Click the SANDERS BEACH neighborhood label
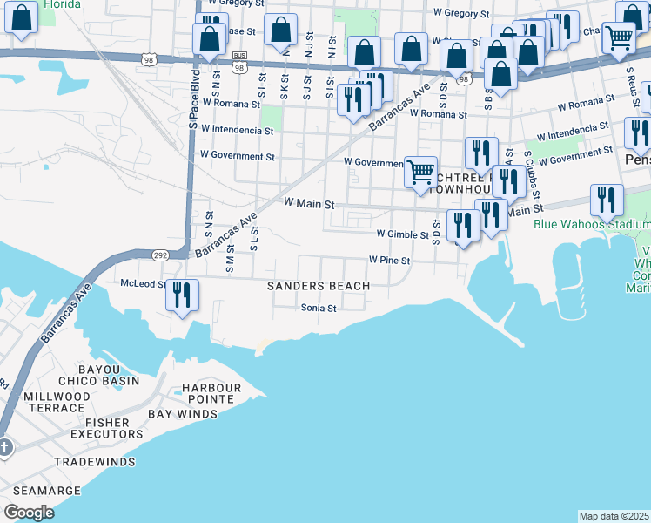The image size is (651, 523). pos(318,286)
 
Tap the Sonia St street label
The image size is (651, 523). pos(318,308)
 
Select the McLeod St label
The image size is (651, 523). pos(143,283)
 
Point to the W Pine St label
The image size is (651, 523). pos(388,260)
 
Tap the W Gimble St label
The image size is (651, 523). pos(402,234)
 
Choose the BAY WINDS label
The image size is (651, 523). pos(183,414)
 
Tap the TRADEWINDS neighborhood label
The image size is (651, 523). pos(95,462)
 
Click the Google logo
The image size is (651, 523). pos(29,513)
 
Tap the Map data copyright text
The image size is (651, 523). pos(614,516)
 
